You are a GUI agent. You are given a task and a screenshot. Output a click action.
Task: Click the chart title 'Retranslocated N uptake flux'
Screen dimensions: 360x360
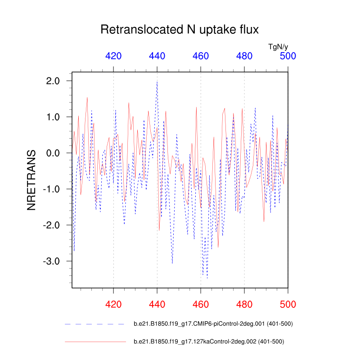[180, 30]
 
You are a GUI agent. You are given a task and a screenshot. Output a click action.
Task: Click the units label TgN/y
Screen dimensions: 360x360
[278, 46]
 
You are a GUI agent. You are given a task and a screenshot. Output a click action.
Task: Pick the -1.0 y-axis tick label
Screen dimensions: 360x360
[55, 189]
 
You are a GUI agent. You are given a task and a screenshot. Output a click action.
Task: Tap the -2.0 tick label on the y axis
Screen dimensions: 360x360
[55, 225]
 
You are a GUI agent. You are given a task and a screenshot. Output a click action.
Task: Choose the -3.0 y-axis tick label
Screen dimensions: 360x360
[55, 261]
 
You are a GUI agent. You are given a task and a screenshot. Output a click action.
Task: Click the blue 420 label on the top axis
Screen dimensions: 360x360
[113, 56]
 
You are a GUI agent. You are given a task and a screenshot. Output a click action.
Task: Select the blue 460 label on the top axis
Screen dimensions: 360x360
[201, 56]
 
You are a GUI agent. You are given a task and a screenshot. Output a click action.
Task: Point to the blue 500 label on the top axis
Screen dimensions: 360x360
[288, 56]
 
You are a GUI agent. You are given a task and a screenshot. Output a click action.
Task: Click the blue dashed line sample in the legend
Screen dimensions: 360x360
[94, 324]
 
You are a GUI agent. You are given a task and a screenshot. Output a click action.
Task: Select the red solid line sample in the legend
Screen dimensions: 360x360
[94, 342]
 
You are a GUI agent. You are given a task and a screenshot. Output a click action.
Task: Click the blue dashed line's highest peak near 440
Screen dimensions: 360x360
[157, 81]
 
